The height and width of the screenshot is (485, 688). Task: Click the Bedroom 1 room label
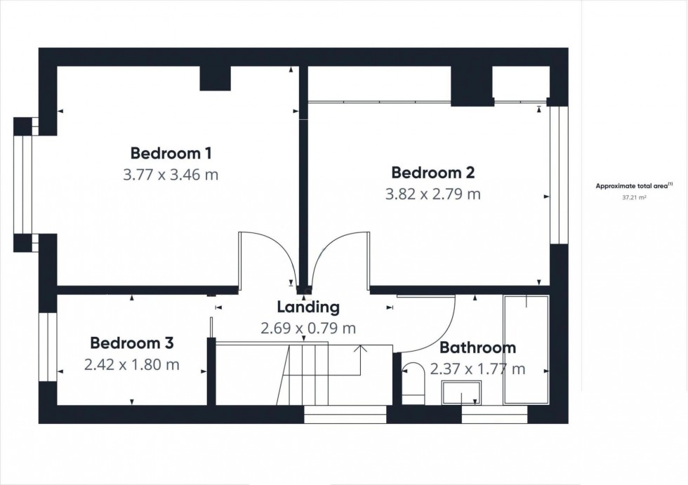point(171,153)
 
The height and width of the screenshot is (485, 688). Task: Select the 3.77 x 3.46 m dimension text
point(171,175)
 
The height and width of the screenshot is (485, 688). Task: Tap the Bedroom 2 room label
point(433,172)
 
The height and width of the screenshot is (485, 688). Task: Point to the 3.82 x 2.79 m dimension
point(433,194)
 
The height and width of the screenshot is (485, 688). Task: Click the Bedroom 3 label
point(132,343)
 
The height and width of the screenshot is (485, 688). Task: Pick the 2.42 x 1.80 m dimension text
point(132,365)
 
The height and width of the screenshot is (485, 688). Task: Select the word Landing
point(308,307)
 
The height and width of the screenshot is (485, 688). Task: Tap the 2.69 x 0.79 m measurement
point(308,328)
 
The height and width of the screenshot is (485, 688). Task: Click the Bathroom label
point(477,347)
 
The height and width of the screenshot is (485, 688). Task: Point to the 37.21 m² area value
point(634,199)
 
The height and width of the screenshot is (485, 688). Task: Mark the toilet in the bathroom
point(414,385)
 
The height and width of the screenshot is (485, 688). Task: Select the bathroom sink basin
point(461,392)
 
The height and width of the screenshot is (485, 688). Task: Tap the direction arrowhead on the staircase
point(361,348)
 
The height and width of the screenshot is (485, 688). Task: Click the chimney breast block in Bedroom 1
point(216,79)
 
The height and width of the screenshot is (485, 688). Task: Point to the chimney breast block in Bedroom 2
point(472,86)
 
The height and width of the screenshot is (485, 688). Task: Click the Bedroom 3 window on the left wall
point(47,347)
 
